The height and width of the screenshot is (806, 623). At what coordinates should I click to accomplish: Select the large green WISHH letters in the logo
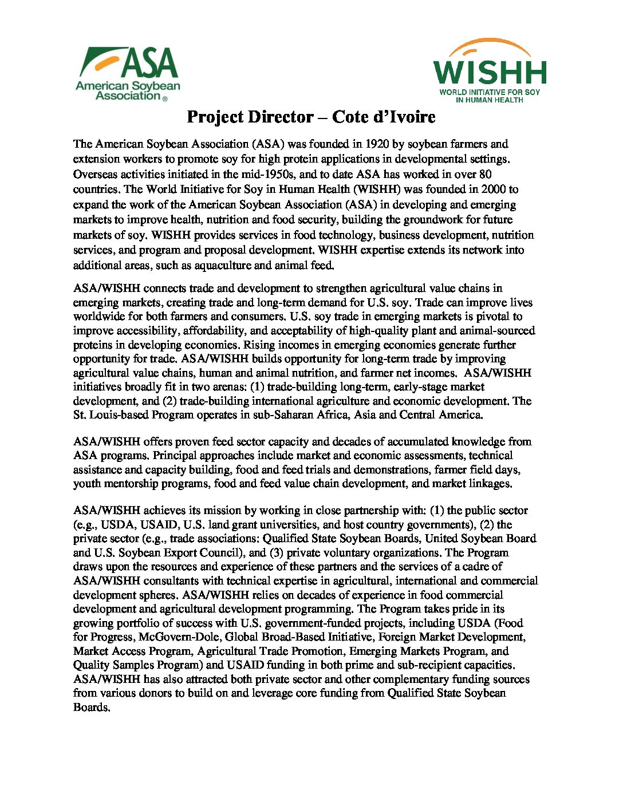tap(490, 72)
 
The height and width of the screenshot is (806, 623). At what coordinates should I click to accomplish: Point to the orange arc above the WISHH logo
tap(490, 46)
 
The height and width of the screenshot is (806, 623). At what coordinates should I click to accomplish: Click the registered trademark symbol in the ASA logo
tap(165, 98)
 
